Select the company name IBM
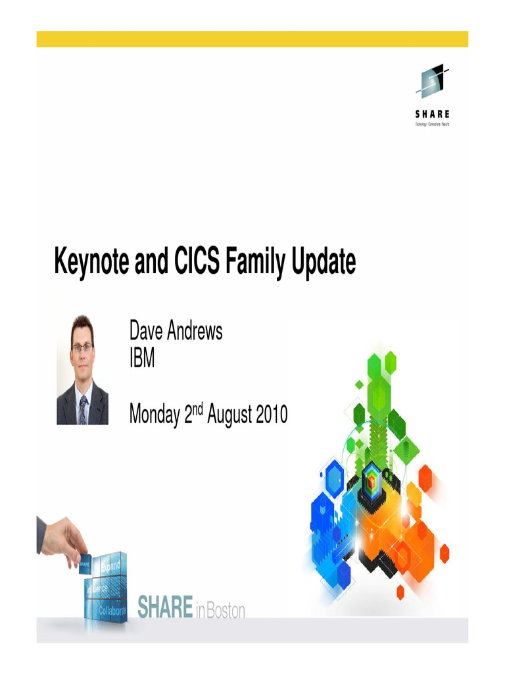(x=142, y=360)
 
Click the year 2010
(x=268, y=415)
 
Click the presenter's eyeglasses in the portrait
(x=82, y=347)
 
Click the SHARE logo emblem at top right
(x=432, y=81)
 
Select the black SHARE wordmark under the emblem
(x=432, y=114)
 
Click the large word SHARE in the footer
(x=165, y=608)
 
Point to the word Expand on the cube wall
(x=110, y=565)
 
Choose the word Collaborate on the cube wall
(x=112, y=611)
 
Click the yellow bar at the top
(x=252, y=39)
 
